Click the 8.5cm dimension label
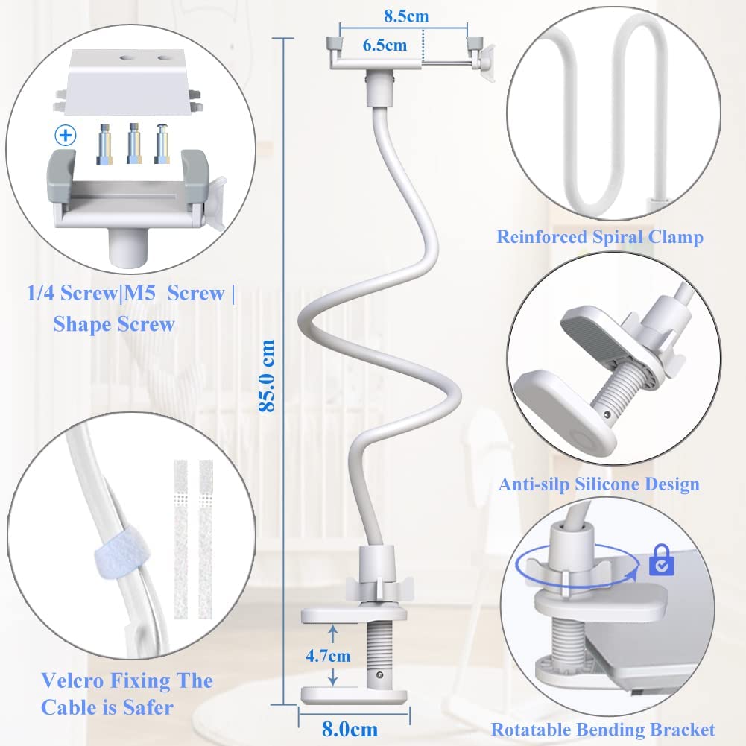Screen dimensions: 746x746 406,16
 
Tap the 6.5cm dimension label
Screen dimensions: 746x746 385,45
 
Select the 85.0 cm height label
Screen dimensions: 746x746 267,376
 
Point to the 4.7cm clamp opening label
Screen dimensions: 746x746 328,656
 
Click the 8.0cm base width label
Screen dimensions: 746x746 350,730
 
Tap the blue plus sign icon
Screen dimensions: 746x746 66,136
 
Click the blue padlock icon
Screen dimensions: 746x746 661,560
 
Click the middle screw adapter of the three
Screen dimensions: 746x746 133,144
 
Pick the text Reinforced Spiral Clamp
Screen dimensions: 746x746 600,237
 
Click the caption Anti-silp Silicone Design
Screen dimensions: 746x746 599,484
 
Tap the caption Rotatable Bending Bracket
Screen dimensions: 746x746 603,730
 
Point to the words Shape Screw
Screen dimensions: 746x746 114,324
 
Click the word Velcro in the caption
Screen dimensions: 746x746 72,681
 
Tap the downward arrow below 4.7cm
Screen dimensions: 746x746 333,676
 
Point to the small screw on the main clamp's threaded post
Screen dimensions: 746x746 379,674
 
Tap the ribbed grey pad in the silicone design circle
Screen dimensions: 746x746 593,332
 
